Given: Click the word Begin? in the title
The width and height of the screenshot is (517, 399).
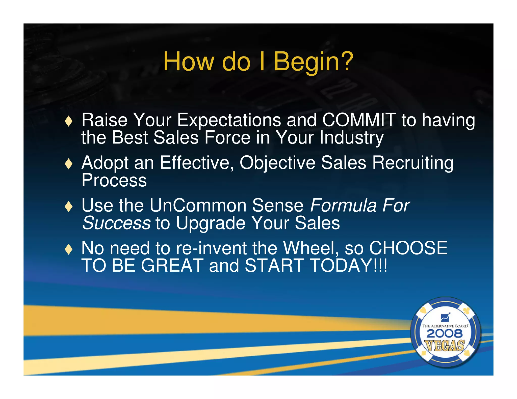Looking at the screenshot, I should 313,62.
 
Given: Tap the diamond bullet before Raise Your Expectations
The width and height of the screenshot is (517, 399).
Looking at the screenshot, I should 69,121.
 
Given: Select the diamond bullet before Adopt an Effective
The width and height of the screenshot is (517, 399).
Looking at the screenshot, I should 69,164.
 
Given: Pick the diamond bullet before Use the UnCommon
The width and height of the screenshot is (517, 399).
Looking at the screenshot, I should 69,207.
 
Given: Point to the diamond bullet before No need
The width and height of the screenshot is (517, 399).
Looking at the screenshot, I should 69,249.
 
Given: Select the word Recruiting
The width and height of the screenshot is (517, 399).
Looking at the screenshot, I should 413,163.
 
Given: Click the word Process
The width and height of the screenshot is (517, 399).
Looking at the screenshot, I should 114,181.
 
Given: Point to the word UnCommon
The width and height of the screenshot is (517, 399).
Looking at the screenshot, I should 198,206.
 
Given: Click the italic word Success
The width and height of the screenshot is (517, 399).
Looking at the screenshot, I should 117,223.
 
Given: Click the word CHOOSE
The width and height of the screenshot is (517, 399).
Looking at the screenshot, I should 408,248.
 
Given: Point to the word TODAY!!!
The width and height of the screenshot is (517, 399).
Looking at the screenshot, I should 348,266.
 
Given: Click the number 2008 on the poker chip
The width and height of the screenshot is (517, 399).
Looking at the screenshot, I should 445,334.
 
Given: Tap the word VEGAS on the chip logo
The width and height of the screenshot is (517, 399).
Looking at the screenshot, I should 445,346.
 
